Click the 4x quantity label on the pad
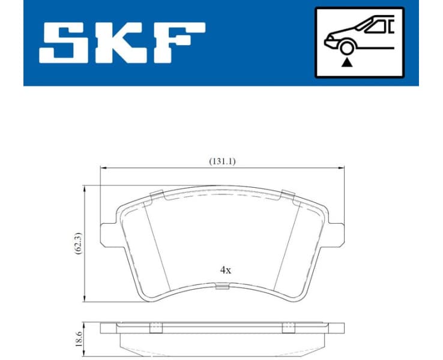225,270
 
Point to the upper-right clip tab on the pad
288,194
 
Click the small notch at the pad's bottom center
222,286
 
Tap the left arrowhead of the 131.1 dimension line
103,168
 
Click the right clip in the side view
289,328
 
